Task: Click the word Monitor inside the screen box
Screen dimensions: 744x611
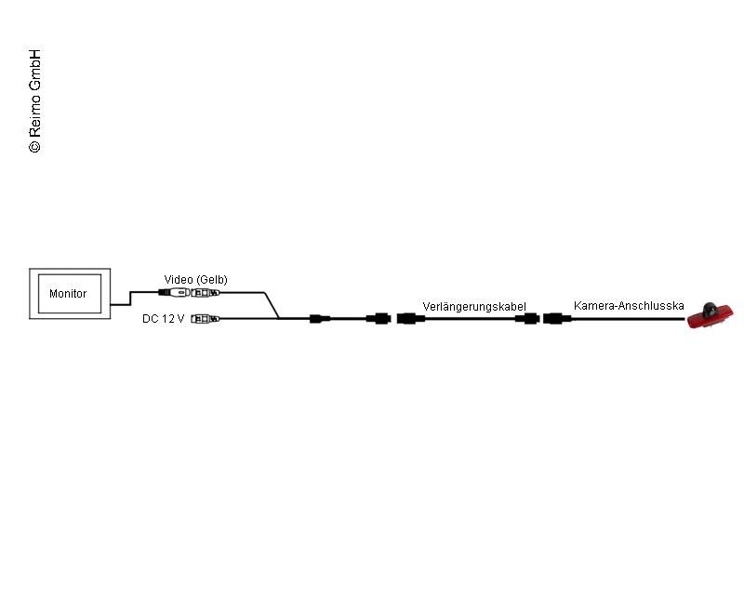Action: pyautogui.click(x=68, y=294)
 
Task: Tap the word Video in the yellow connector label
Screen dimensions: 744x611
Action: pyautogui.click(x=179, y=279)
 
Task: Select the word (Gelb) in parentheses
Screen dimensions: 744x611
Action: pyautogui.click(x=212, y=280)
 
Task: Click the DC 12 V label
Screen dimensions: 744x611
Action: pyautogui.click(x=164, y=319)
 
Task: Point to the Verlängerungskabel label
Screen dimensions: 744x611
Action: pyautogui.click(x=474, y=307)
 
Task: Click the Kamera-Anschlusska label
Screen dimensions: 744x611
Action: pyautogui.click(x=629, y=305)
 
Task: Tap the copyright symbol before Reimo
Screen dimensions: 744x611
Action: pyautogui.click(x=35, y=146)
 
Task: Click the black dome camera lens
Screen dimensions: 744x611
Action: pyautogui.click(x=711, y=309)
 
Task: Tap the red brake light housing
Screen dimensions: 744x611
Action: pyautogui.click(x=711, y=318)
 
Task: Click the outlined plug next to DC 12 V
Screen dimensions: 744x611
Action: pyautogui.click(x=205, y=319)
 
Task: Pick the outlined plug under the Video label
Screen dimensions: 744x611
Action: pyautogui.click(x=205, y=293)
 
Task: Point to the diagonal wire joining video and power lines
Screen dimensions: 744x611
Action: pyautogui.click(x=272, y=305)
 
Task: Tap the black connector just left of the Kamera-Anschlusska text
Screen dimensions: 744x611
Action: pyautogui.click(x=557, y=318)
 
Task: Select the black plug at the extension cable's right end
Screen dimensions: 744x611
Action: pyautogui.click(x=527, y=318)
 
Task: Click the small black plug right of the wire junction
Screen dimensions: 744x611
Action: pyautogui.click(x=320, y=319)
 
